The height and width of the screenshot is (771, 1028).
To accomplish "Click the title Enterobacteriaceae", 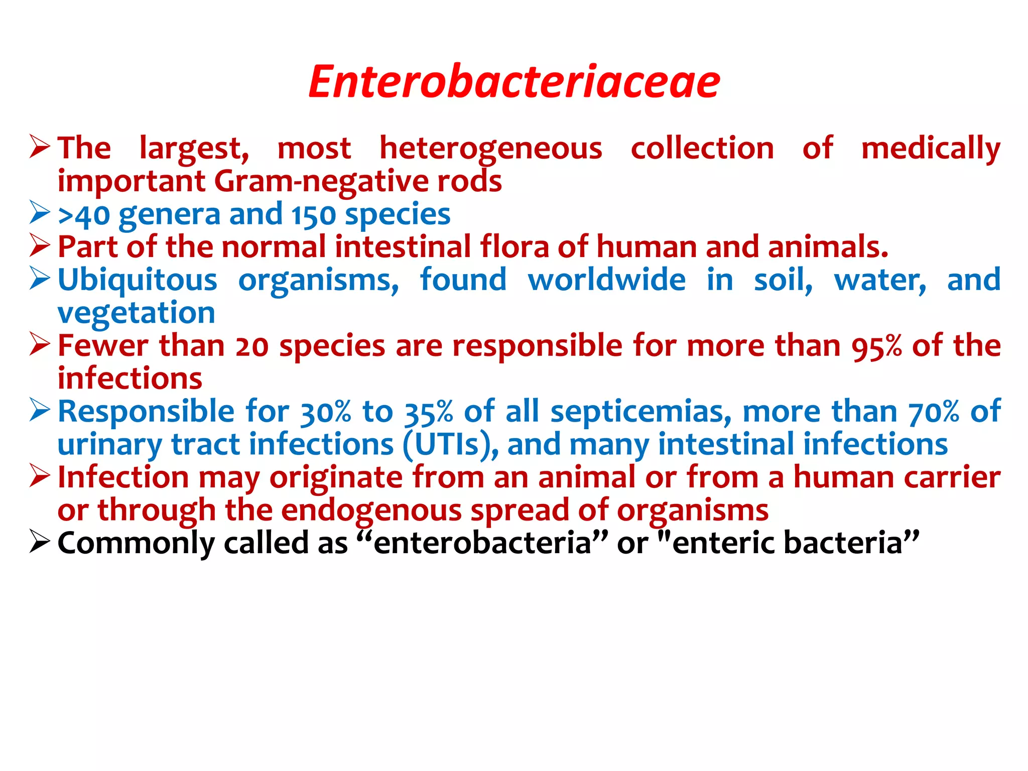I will [514, 82].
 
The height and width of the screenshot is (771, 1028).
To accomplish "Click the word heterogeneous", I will [490, 149].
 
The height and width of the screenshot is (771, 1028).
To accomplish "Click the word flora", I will [514, 247].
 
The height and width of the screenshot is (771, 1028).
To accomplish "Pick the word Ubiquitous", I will [138, 280].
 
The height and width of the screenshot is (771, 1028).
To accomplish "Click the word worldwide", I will [607, 280].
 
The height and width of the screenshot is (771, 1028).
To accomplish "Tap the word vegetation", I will [136, 313].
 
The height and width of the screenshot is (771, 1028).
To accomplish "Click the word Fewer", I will [103, 346].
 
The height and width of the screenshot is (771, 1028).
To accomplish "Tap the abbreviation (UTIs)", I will [451, 445].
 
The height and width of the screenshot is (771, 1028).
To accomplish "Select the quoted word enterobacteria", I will [482, 544].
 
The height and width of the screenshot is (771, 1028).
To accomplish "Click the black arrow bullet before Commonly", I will [40, 542].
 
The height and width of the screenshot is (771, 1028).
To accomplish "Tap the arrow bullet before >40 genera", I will [40, 213].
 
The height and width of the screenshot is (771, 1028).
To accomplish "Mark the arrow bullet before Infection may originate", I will [40, 476].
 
